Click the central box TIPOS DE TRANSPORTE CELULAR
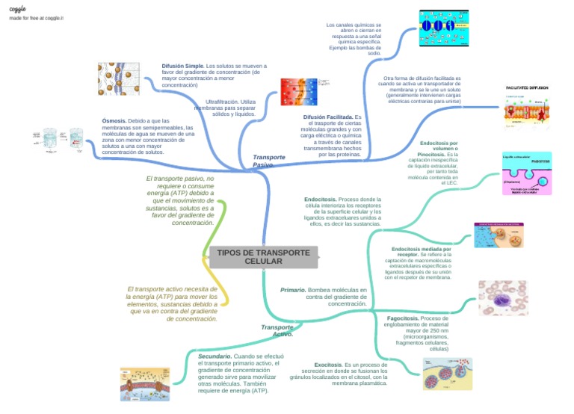pyautogui.click(x=263, y=257)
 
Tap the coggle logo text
pyautogui.click(x=17, y=7)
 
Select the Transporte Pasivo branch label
pyautogui.click(x=268, y=161)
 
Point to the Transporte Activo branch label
pyautogui.click(x=277, y=331)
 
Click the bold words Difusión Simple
pyautogui.click(x=183, y=66)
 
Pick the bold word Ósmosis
pyautogui.click(x=114, y=120)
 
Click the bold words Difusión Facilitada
pyautogui.click(x=328, y=117)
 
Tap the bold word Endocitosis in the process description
pyautogui.click(x=320, y=200)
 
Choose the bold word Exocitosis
pyautogui.click(x=328, y=365)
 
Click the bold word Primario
pyautogui.click(x=293, y=290)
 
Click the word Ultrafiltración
pyautogui.click(x=222, y=101)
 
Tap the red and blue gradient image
pyautogui.click(x=298, y=93)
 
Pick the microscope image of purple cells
pyautogui.click(x=502, y=297)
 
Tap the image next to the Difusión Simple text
pyautogui.click(x=118, y=78)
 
